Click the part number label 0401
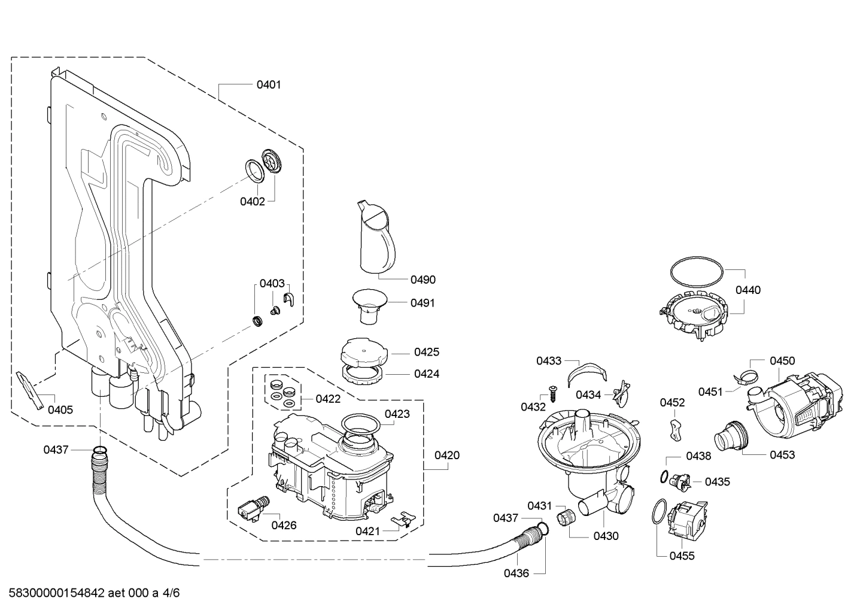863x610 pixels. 268,84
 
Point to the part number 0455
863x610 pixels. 682,556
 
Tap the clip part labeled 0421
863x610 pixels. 403,518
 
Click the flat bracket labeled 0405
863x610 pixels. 31,390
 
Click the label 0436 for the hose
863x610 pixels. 516,573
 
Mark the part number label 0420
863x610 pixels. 446,455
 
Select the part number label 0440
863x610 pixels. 747,290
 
